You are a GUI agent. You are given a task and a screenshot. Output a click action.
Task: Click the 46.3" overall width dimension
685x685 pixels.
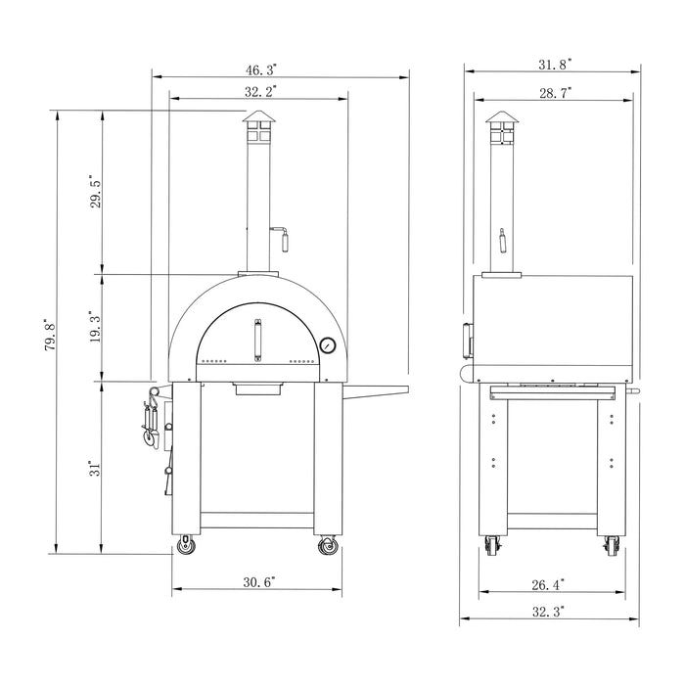(x=260, y=69)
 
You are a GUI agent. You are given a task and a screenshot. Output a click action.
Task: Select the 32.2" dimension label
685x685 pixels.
(x=260, y=91)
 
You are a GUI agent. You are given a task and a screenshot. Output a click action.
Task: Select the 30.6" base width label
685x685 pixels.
(x=259, y=581)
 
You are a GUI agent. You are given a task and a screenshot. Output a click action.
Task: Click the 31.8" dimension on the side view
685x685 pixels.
(x=555, y=64)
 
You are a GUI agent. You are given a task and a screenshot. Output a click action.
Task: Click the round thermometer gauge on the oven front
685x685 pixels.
(x=327, y=345)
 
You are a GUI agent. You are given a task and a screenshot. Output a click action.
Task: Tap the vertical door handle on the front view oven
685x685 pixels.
(x=258, y=342)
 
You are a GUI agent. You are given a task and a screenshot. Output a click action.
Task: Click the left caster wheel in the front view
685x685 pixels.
(x=184, y=547)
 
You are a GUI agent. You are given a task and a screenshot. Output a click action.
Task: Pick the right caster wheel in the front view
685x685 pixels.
(x=328, y=547)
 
